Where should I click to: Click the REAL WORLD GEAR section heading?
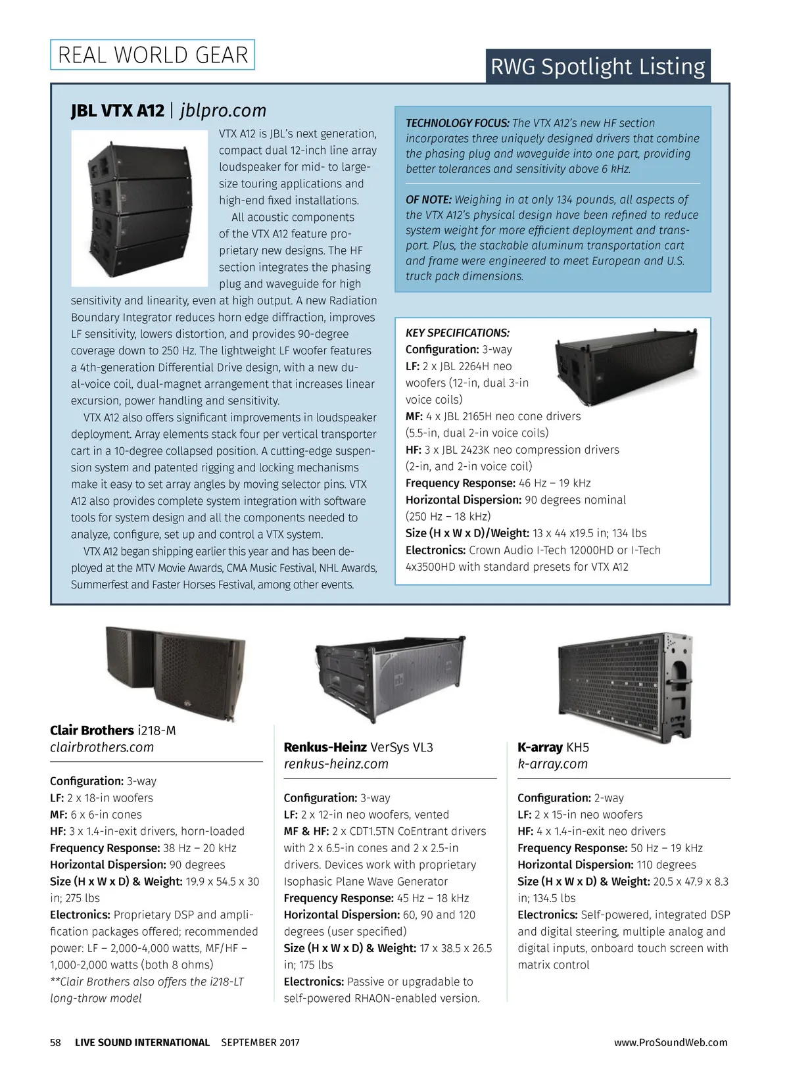pyautogui.click(x=153, y=55)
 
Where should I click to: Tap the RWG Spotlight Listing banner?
pyautogui.click(x=598, y=66)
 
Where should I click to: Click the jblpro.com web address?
pyautogui.click(x=223, y=110)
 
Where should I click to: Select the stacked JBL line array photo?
pyautogui.click(x=139, y=208)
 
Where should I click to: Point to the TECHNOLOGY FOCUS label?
pyautogui.click(x=457, y=123)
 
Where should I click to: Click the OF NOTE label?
pyautogui.click(x=428, y=199)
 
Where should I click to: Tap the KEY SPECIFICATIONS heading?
pyautogui.click(x=457, y=333)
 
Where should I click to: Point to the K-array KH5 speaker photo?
pyautogui.click(x=625, y=684)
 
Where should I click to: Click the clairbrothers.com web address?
pyautogui.click(x=102, y=748)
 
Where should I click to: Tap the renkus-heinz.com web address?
pyautogui.click(x=336, y=764)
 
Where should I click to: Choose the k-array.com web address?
pyautogui.click(x=552, y=764)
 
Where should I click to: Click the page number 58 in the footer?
pyautogui.click(x=56, y=1042)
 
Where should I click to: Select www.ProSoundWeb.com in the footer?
pyautogui.click(x=670, y=1042)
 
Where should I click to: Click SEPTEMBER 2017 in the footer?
pyautogui.click(x=260, y=1042)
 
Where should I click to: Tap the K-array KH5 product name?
pyautogui.click(x=553, y=748)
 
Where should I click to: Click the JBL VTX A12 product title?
pyautogui.click(x=117, y=110)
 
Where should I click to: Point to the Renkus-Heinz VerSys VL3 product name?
pyautogui.click(x=358, y=748)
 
